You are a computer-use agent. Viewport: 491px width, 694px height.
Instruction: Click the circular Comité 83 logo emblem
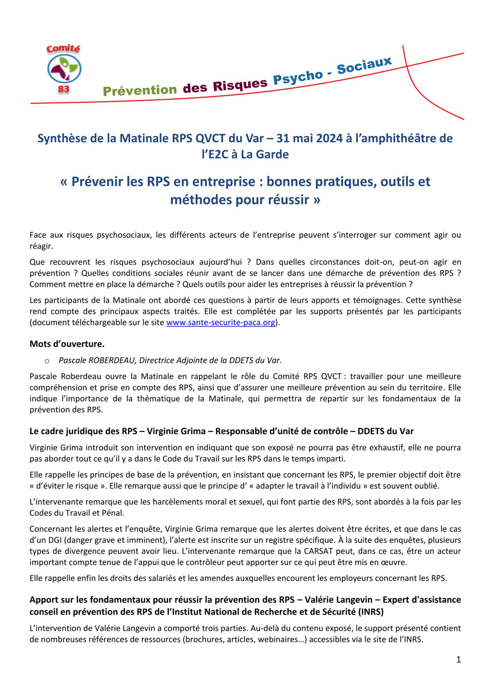point(64,68)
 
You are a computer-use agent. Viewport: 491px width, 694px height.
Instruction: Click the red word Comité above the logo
point(63,49)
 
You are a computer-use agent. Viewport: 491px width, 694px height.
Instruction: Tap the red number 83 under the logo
point(64,89)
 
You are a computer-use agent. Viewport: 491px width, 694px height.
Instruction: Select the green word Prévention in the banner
point(140,90)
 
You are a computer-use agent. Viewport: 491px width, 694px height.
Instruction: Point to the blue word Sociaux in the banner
point(364,65)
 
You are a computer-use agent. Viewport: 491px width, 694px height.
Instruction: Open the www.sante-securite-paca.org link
point(221,322)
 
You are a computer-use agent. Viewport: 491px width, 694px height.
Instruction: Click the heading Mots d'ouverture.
point(67,344)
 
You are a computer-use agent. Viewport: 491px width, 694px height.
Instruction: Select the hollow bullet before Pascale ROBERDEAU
point(47,361)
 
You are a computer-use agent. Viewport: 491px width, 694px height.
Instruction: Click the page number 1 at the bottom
point(458,660)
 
